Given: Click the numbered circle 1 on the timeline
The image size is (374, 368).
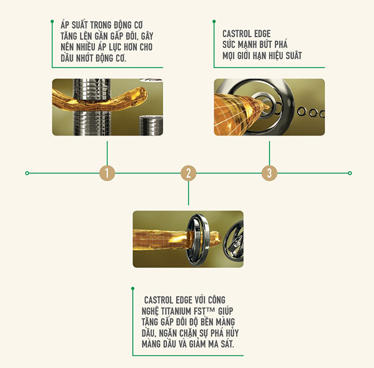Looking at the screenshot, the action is (x=107, y=173).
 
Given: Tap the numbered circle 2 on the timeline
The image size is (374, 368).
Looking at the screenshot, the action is (x=188, y=173).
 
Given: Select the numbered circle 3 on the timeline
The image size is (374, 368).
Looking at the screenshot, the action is (x=270, y=173).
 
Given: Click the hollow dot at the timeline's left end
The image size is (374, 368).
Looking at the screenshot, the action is (x=27, y=173).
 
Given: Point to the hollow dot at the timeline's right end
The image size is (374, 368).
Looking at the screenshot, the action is (x=350, y=173).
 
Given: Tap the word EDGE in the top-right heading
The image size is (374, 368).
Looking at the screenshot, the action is (x=263, y=34).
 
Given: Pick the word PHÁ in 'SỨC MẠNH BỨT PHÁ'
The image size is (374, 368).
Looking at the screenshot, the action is (x=280, y=44).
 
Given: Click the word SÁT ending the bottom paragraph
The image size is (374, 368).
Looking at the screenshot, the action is (x=226, y=344).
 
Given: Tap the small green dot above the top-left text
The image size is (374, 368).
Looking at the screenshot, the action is (x=53, y=21).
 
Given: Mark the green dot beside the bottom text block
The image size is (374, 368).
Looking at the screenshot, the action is (x=133, y=288).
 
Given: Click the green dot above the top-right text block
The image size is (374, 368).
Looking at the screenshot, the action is (x=214, y=21).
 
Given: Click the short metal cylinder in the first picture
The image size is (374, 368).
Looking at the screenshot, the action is (x=151, y=125).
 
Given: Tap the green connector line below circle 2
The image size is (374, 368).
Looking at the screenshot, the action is (x=188, y=193).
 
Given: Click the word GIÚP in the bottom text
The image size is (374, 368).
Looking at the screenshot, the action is (x=226, y=311).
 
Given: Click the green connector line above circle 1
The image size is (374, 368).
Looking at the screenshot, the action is (x=107, y=153).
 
